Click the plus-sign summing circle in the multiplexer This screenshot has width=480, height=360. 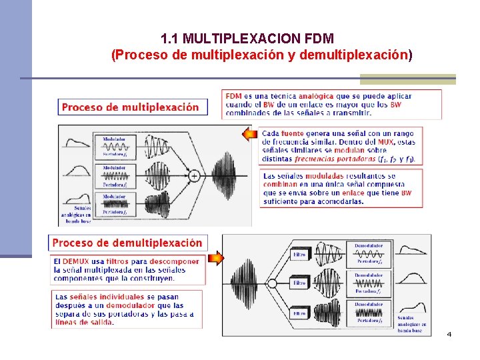coord(194,175)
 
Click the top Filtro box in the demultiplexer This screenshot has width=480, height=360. coord(300,254)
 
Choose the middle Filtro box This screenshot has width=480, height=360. coord(300,283)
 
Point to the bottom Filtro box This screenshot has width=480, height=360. coord(300,313)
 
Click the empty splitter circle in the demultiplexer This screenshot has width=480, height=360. coord(271,283)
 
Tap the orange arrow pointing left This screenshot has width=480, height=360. coord(249,135)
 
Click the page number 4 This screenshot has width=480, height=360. coord(449,333)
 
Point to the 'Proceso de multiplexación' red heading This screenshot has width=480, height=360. coord(130,107)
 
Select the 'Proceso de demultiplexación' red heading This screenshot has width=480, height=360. coord(127,243)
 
